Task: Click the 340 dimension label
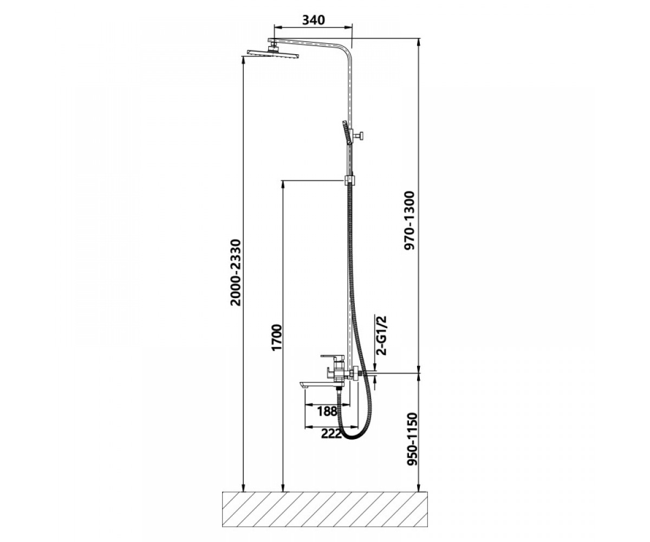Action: point(314,20)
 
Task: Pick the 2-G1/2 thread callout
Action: point(381,335)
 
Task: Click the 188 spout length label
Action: point(327,411)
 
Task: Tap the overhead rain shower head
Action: point(272,54)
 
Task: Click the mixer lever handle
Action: point(333,357)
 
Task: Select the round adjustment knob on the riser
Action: point(362,136)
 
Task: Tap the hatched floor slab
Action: point(324,508)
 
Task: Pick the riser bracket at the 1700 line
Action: point(350,180)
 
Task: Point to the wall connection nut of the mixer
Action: point(355,373)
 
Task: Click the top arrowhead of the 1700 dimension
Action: point(283,184)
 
